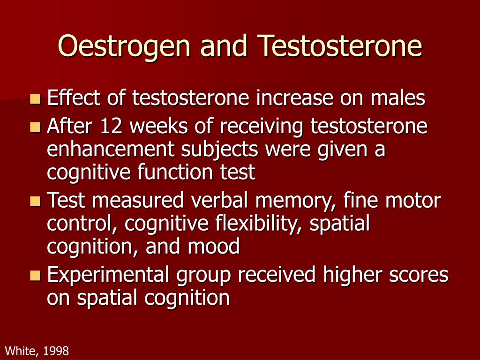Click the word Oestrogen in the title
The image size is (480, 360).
click(x=124, y=46)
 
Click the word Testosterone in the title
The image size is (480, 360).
click(x=340, y=45)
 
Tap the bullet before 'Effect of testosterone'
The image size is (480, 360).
click(x=36, y=99)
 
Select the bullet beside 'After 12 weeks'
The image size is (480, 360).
click(x=36, y=127)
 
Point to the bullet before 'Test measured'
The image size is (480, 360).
click(x=36, y=202)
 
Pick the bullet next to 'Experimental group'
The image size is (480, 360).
click(x=36, y=276)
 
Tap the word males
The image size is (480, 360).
click(x=398, y=97)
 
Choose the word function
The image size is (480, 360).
click(x=175, y=172)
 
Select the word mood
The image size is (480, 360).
click(x=214, y=246)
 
